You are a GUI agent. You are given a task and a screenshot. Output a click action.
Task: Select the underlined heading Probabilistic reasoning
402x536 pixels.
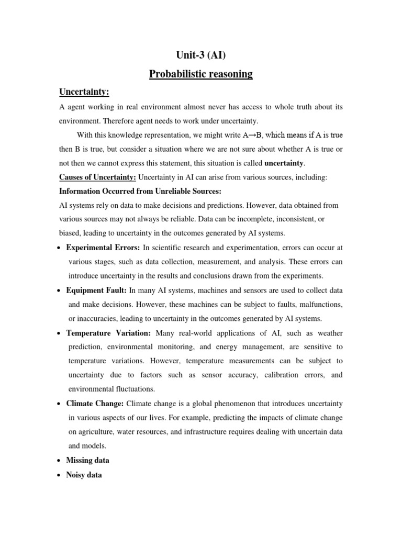pos(201,74)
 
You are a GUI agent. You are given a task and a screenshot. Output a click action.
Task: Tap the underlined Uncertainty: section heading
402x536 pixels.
pos(83,92)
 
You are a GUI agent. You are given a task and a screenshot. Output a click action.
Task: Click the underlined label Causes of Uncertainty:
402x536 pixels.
pos(97,177)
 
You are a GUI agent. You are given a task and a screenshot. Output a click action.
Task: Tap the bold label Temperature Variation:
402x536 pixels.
pos(108,333)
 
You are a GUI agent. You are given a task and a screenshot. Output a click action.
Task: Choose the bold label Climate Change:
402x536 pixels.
pos(95,404)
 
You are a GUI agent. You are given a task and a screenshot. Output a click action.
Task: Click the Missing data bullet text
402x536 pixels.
pos(87,460)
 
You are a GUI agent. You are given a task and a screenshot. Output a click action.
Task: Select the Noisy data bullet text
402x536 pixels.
pos(84,475)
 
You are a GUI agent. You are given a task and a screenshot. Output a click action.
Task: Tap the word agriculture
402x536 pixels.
pos(100,432)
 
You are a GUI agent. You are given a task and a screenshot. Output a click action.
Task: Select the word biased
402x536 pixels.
pos(70,233)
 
